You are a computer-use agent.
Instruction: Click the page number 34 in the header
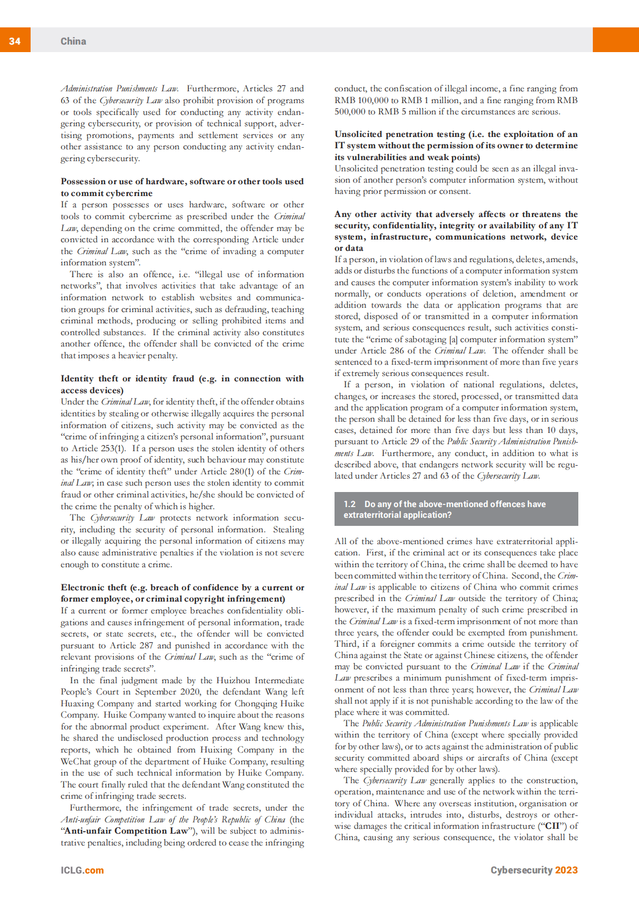pyautogui.click(x=14, y=41)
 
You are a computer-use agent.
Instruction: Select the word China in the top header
pyautogui.click(x=73, y=41)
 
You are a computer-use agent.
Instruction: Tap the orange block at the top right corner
pyautogui.click(x=615, y=40)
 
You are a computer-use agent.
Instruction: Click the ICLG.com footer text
pyautogui.click(x=82, y=870)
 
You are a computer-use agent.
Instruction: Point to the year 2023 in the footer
pyautogui.click(x=566, y=870)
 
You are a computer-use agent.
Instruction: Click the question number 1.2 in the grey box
pyautogui.click(x=350, y=504)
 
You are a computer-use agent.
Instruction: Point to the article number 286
pyautogui.click(x=397, y=350)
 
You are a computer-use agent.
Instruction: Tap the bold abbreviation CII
pyautogui.click(x=553, y=826)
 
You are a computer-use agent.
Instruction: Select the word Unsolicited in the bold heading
pyautogui.click(x=358, y=134)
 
